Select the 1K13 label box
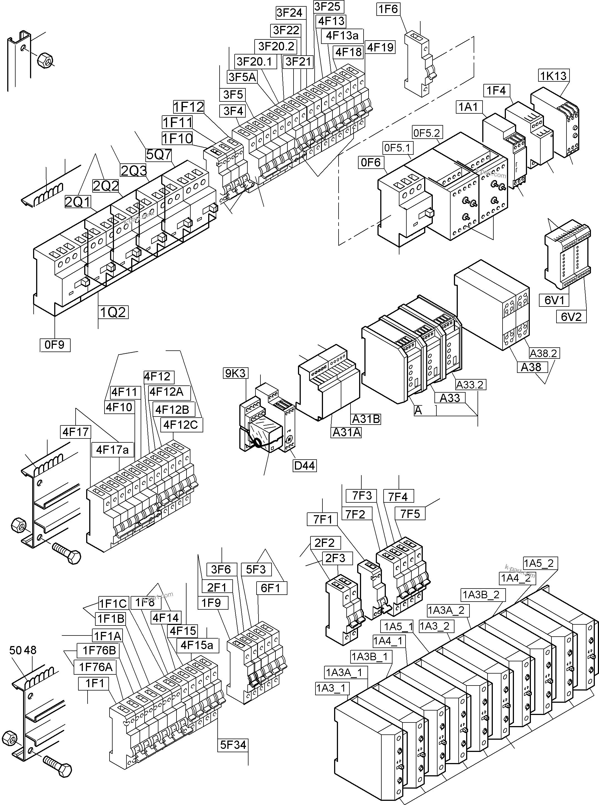(553, 76)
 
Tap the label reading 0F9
(55, 345)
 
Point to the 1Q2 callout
(113, 312)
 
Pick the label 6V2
(571, 317)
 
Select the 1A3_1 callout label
(332, 688)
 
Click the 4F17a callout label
(112, 450)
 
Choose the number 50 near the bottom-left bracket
(16, 650)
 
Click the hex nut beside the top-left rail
(46, 59)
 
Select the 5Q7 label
(158, 155)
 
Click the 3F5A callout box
(242, 77)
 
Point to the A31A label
(347, 432)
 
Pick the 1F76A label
(96, 667)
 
